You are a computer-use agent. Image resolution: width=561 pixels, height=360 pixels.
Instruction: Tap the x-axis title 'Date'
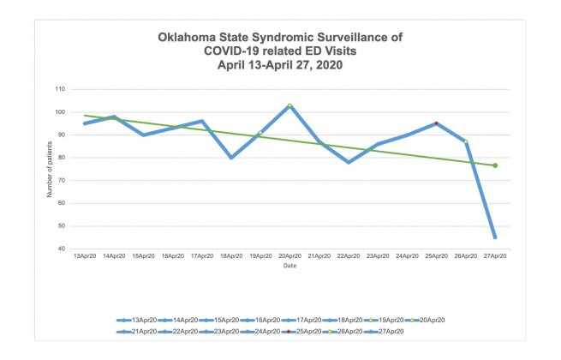pos(289,267)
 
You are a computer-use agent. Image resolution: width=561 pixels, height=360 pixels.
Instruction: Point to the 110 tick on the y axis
pos(59,89)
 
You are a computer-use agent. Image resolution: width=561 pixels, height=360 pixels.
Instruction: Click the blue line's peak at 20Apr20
pos(289,105)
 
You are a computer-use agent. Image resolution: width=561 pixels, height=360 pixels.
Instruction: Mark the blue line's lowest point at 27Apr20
pos(495,237)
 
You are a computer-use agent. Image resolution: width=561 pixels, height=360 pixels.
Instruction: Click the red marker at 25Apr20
pos(436,123)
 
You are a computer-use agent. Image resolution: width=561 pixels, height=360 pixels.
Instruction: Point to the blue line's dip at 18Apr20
pos(231,158)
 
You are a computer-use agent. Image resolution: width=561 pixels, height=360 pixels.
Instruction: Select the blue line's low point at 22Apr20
pos(349,162)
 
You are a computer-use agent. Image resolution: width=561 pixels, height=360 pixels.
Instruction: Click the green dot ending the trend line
pos(495,165)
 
